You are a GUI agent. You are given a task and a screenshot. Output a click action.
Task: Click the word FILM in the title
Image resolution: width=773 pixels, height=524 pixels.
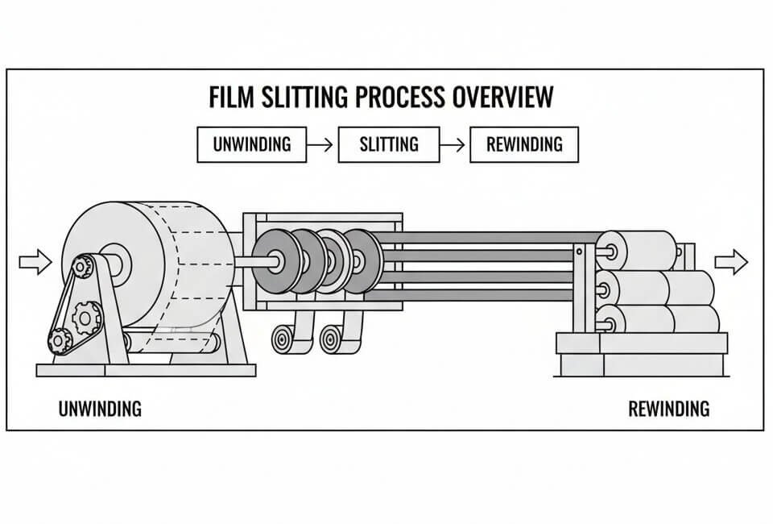[x=230, y=96]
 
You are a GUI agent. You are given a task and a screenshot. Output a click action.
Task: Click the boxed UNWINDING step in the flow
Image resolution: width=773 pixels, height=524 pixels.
[x=251, y=145]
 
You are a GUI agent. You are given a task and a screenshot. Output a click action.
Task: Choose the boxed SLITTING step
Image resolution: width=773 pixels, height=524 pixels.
[x=389, y=145]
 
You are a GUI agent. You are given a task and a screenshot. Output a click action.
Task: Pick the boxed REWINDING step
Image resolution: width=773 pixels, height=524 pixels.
[x=523, y=145]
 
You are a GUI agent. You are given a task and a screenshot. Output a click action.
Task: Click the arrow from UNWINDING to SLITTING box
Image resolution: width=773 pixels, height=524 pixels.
[x=320, y=145]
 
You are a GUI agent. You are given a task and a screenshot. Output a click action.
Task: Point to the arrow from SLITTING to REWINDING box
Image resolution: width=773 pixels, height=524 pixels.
[x=454, y=145]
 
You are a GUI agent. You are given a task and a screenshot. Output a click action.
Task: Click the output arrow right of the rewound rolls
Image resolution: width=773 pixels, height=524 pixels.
[x=730, y=261]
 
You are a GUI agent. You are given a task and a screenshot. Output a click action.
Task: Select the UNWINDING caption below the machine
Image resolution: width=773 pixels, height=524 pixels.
[x=100, y=409]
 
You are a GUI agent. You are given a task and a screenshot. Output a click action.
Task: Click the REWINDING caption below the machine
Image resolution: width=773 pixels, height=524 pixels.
[x=668, y=409]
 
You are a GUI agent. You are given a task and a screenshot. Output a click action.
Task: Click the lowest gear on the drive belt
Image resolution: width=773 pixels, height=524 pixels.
[x=60, y=341]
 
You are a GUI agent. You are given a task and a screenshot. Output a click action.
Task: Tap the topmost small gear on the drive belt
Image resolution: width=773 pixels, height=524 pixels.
[x=81, y=265]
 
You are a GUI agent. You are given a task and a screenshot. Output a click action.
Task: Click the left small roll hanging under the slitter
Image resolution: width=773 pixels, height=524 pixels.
[x=283, y=339]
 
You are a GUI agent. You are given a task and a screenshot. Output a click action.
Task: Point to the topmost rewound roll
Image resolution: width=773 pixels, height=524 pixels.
[x=636, y=251]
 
